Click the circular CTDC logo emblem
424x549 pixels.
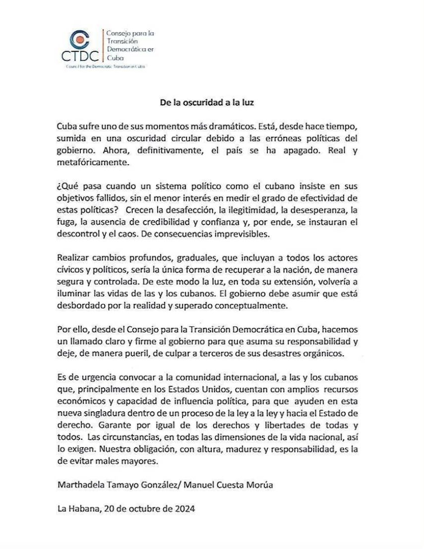coord(79,40)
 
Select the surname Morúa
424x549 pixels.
coord(257,485)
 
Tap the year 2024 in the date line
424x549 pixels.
coord(184,509)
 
